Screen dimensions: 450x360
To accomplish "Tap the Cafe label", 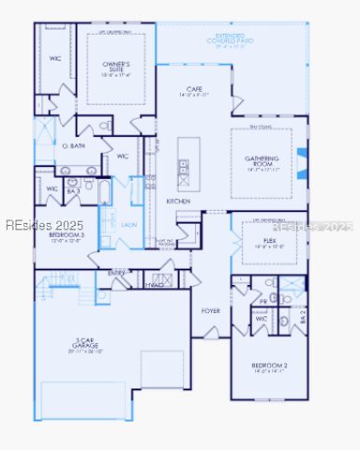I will (194, 90).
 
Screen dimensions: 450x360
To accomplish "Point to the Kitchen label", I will (179, 202).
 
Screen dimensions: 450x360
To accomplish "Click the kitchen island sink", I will (184, 169).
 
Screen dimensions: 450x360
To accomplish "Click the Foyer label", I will (211, 310).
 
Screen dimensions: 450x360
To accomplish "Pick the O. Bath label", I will (73, 146).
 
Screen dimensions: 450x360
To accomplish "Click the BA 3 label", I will (71, 189).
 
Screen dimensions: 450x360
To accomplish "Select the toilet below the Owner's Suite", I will (106, 125).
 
